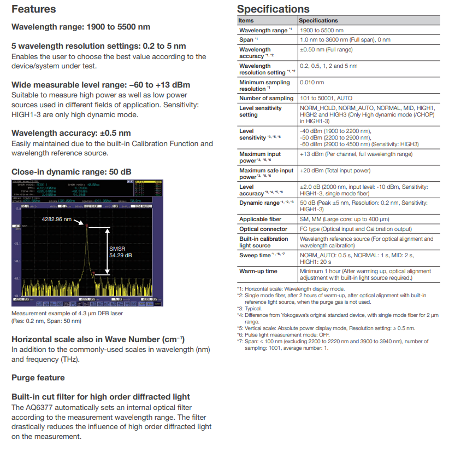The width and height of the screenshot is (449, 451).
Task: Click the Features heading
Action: pyautogui.click(x=34, y=9)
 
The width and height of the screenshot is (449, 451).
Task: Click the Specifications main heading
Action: pyautogui.click(x=273, y=9)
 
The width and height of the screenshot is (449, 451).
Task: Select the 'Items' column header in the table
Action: pyautogui.click(x=246, y=20)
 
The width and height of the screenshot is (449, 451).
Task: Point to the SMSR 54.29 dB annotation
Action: pyautogui.click(x=120, y=252)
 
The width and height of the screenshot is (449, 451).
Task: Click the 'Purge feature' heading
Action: pyautogui.click(x=38, y=378)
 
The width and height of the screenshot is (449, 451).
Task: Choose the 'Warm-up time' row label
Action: pyautogui.click(x=258, y=271)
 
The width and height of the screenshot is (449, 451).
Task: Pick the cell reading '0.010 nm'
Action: pyautogui.click(x=311, y=83)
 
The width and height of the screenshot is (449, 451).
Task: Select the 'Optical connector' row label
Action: pyautogui.click(x=263, y=229)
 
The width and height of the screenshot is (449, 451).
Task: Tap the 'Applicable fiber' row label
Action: pyautogui.click(x=260, y=219)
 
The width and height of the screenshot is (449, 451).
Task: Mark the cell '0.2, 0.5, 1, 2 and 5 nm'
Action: pyautogui.click(x=328, y=66)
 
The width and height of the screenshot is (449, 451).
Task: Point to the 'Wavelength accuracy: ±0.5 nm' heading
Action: pyautogui.click(x=71, y=133)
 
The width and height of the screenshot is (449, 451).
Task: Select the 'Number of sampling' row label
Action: pyautogui.click(x=266, y=98)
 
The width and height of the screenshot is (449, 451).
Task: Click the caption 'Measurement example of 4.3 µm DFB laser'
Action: pyautogui.click(x=67, y=313)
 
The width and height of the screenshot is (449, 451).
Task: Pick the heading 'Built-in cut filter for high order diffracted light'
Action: pyautogui.click(x=101, y=396)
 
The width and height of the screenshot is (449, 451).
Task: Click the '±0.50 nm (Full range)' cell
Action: pyautogui.click(x=326, y=50)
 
